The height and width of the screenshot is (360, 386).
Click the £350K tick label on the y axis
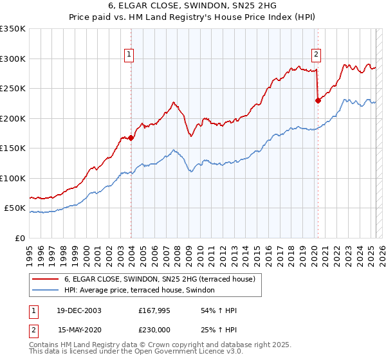tap(13, 29)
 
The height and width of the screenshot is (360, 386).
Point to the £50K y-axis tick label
tap(15, 208)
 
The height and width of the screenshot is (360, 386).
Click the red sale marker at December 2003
tap(131, 137)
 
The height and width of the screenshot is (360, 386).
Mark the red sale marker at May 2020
tap(317, 100)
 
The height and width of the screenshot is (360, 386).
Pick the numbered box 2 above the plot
tap(317, 55)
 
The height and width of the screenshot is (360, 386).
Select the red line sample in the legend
tap(46, 279)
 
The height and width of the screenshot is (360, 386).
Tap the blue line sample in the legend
tap(46, 290)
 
